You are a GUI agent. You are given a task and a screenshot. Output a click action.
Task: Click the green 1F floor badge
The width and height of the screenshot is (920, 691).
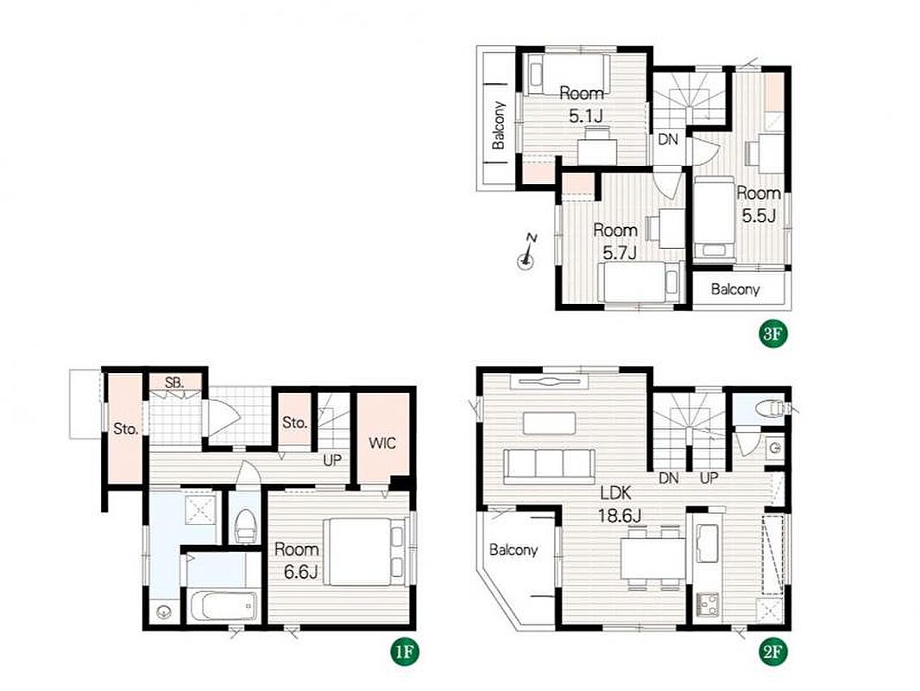point(406,651)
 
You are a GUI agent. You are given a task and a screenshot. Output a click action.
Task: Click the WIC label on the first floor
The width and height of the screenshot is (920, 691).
point(382,443)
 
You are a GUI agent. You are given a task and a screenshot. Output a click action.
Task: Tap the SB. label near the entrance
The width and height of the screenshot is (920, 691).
point(174,383)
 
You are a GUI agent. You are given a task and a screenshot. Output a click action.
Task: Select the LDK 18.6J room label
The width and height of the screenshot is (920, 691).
point(620,504)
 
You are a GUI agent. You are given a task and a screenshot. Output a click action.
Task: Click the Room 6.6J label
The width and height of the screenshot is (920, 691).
point(297,560)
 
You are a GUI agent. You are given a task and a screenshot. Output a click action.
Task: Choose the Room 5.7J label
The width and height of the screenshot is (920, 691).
point(615,241)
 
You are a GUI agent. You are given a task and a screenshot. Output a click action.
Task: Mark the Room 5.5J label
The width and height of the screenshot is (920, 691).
point(759,204)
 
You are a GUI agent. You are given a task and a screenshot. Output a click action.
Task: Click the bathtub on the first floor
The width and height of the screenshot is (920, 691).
point(224,605)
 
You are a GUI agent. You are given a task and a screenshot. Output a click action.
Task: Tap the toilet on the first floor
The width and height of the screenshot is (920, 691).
point(244,525)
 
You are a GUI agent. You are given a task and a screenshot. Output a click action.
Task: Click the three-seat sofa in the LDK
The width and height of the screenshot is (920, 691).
point(549,463)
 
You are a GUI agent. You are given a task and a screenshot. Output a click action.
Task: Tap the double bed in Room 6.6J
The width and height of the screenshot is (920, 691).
point(364,551)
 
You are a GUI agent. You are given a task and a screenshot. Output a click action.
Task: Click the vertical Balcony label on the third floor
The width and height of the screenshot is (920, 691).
point(499,125)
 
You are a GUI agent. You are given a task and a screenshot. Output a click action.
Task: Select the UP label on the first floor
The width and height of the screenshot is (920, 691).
point(332,460)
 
